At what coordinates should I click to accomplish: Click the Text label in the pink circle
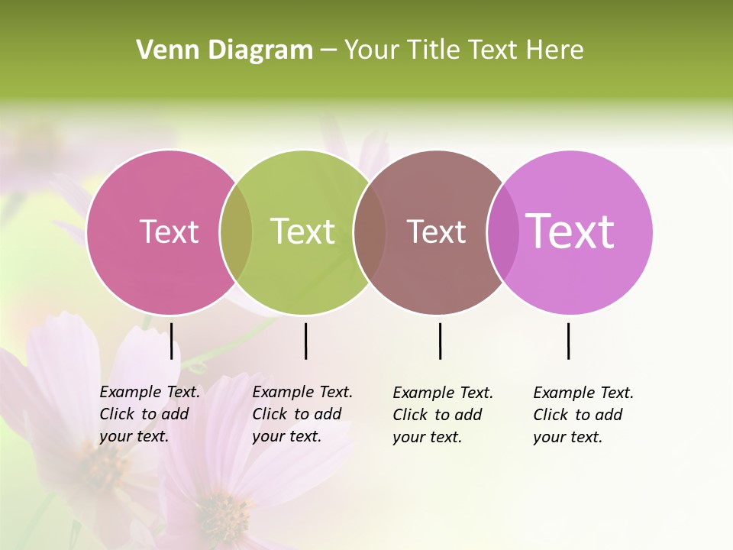[169, 231]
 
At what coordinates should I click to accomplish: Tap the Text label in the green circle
[302, 231]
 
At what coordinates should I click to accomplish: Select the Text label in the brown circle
[436, 231]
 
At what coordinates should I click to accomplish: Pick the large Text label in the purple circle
[570, 231]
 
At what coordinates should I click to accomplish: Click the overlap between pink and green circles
[236, 232]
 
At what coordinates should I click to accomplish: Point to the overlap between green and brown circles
[370, 232]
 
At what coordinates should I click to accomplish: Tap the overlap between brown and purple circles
[502, 232]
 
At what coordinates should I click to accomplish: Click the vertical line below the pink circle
[171, 341]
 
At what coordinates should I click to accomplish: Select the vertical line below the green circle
[305, 341]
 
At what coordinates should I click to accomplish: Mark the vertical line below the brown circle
[440, 341]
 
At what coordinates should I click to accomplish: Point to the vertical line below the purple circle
[568, 341]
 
